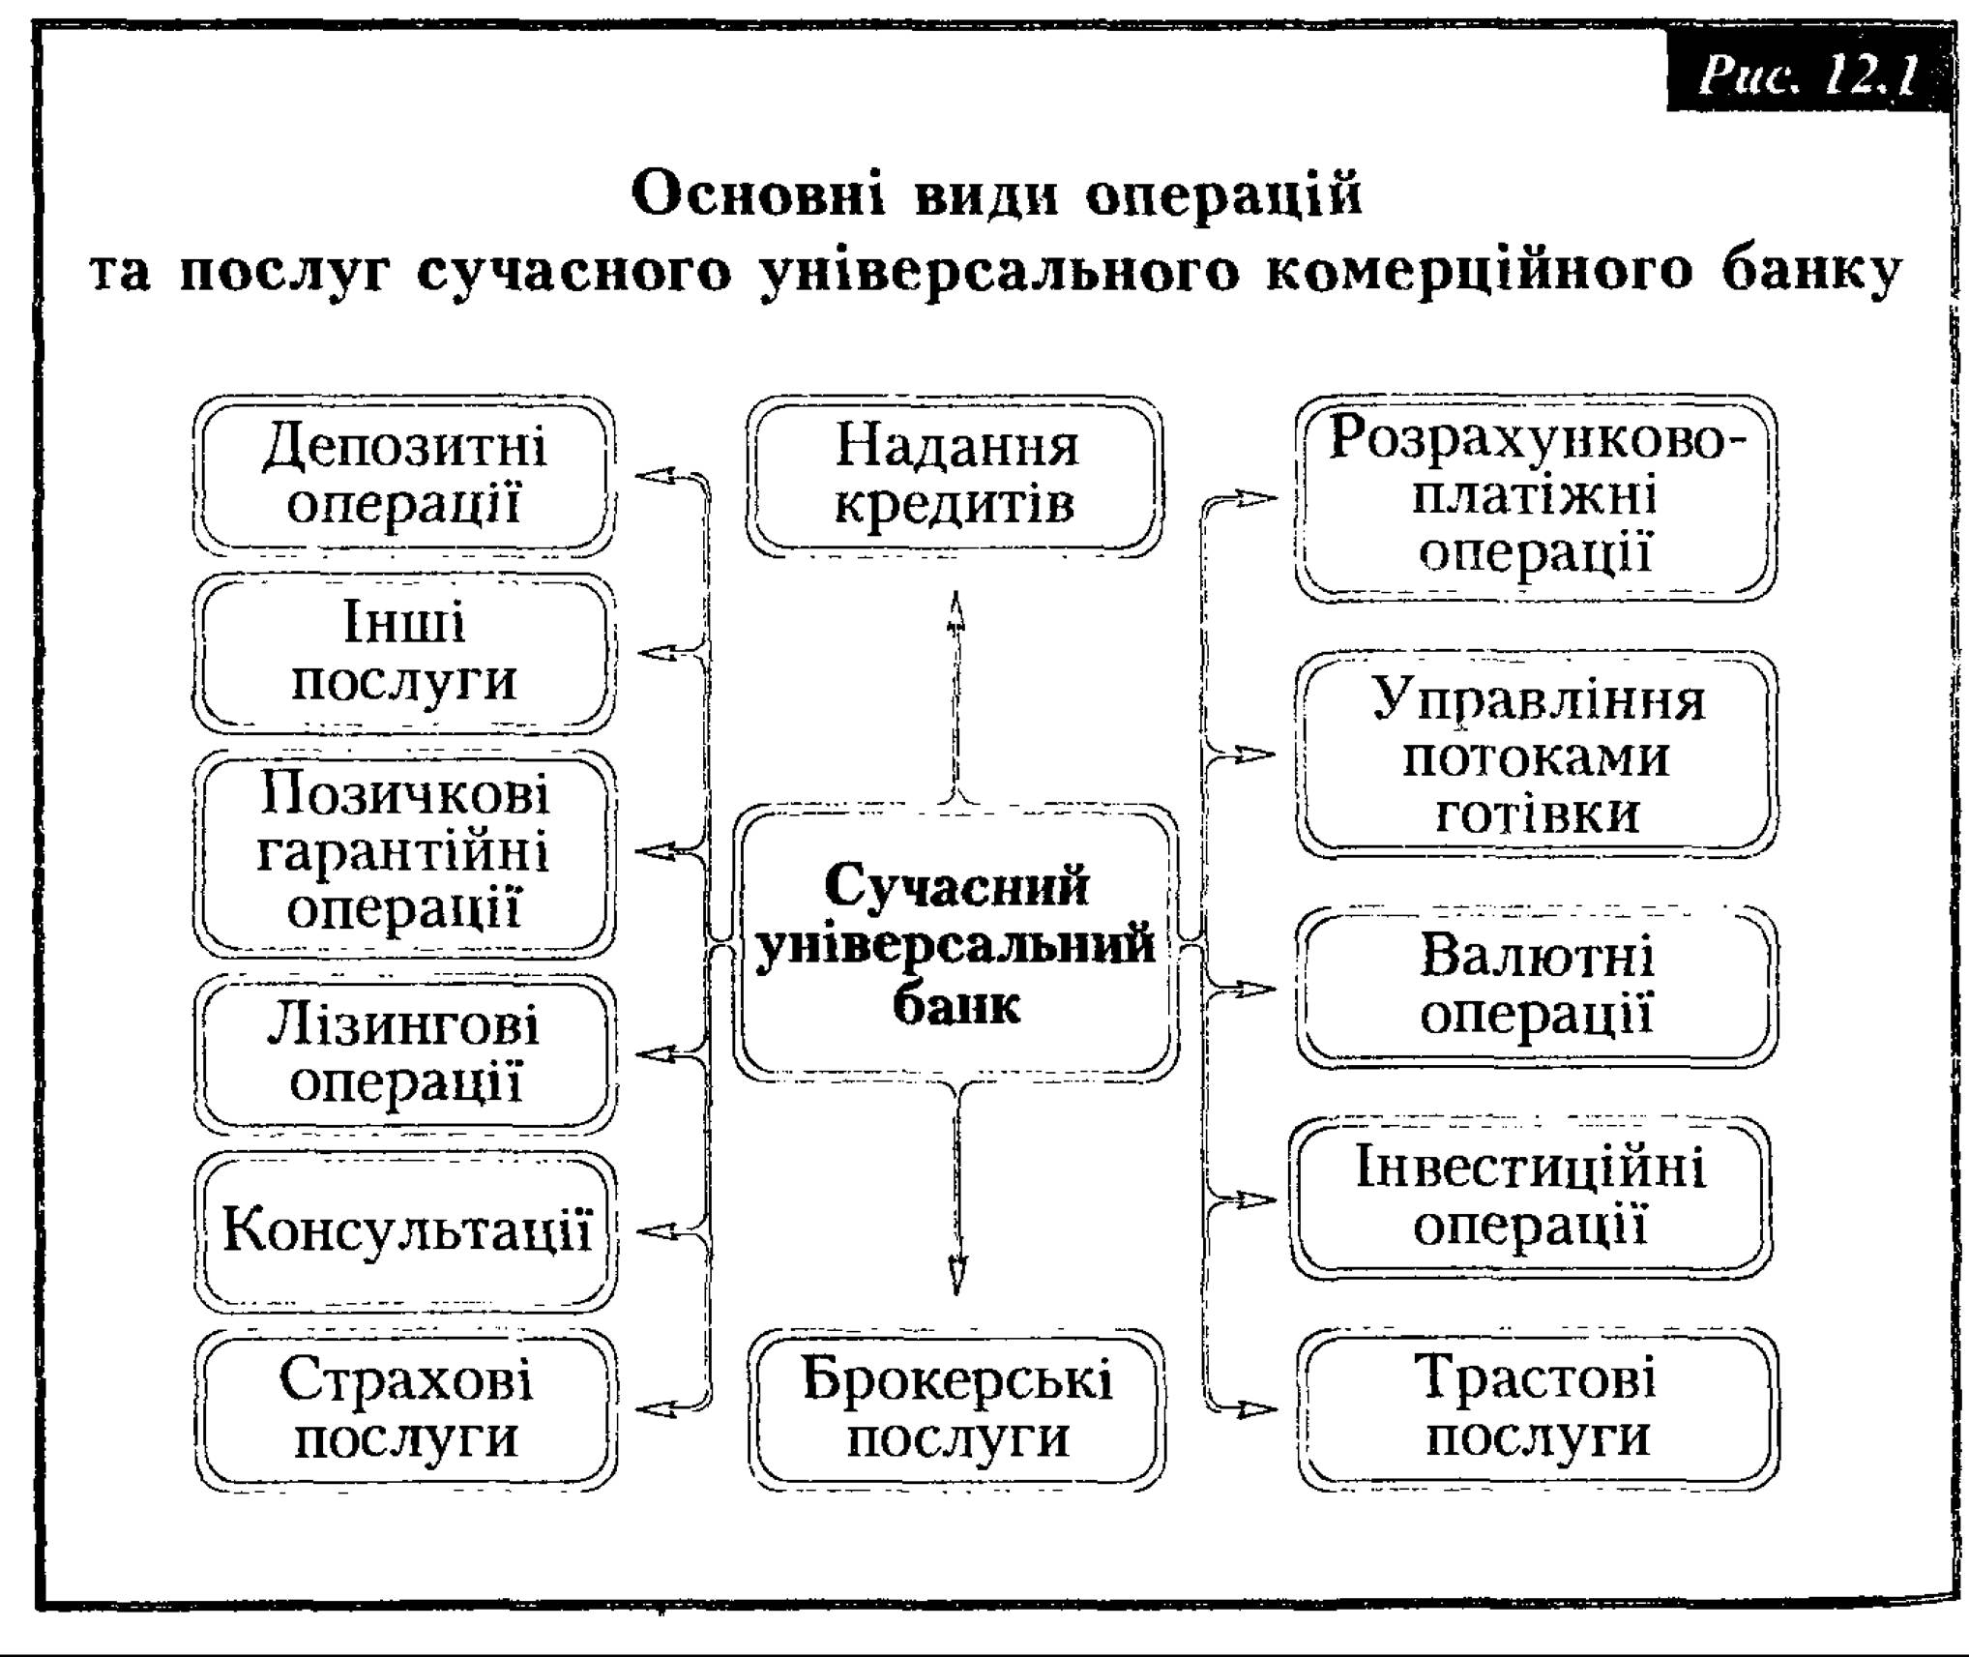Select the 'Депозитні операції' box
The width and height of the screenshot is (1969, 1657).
(x=404, y=474)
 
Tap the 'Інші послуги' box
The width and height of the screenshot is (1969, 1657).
(x=404, y=652)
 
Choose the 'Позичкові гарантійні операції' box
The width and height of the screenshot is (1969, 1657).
(x=404, y=852)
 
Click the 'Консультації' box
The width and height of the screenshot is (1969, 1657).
(x=404, y=1231)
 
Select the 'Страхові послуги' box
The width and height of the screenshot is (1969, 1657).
(x=404, y=1409)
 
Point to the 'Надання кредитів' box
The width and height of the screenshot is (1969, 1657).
(x=955, y=475)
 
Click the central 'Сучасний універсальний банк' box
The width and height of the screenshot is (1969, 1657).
(x=955, y=942)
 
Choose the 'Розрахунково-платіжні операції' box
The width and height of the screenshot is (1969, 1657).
(x=1536, y=498)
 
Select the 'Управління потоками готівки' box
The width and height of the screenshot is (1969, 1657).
(x=1536, y=755)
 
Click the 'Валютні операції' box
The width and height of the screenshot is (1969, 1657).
(x=1536, y=987)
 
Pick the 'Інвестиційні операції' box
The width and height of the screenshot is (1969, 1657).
(x=1532, y=1198)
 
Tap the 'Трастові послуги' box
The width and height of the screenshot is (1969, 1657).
(x=1538, y=1409)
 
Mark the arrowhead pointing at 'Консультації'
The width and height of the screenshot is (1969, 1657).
(x=658, y=1231)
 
